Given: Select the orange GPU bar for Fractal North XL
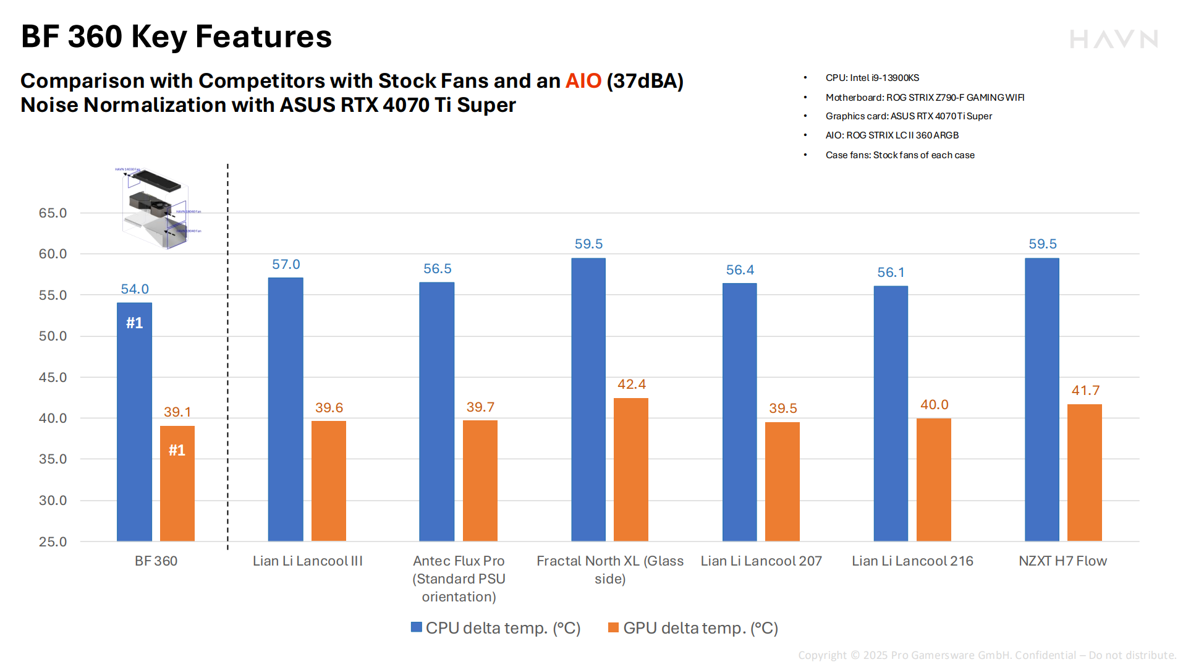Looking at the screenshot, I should [630, 470].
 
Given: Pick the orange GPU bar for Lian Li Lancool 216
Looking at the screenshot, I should [933, 480].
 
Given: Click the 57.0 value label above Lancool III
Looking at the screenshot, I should [286, 265].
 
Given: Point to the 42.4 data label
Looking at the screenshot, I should [631, 384].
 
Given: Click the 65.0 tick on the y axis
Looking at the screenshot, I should [53, 213].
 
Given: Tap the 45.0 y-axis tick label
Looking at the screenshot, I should [53, 378].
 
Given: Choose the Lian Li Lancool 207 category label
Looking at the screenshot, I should [761, 561].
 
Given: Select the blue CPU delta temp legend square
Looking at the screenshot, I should [417, 628].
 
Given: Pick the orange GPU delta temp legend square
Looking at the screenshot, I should [613, 628].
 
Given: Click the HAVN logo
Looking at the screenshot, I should [1113, 40].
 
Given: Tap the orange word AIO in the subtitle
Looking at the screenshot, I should [583, 81].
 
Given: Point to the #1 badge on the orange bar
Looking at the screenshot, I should [177, 450].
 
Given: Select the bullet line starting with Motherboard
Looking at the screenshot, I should [924, 98].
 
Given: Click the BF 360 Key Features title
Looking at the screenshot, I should [176, 36].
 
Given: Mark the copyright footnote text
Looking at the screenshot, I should [986, 655].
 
